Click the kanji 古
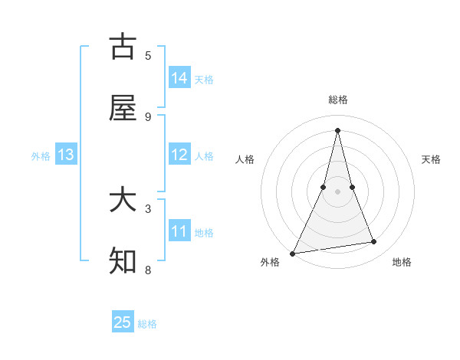(x=123, y=47)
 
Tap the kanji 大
(x=123, y=201)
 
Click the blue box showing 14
(x=179, y=77)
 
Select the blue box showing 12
(x=179, y=155)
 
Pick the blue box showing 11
(x=179, y=231)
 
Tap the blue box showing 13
(x=66, y=155)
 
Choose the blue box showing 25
(x=123, y=322)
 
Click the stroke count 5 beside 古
(x=148, y=55)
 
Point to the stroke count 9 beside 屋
(x=148, y=116)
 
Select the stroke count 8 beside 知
(x=148, y=270)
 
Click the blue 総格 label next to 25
(x=147, y=324)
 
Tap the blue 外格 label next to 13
(x=41, y=156)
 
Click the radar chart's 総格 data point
(x=337, y=129)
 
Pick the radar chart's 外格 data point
(x=293, y=253)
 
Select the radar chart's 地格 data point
(x=374, y=242)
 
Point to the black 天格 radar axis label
(x=432, y=159)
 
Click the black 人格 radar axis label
(x=245, y=159)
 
